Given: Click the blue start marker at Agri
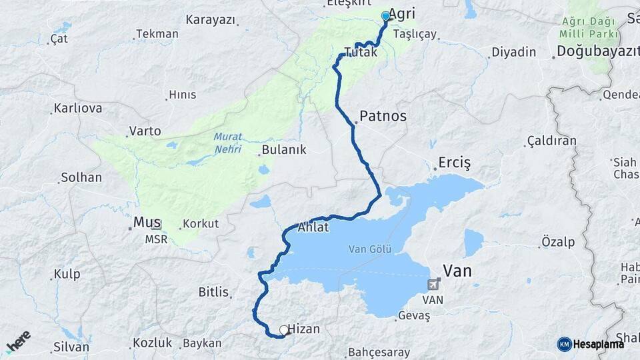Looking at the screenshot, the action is [x=385, y=16].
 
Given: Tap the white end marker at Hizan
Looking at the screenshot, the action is [x=284, y=329].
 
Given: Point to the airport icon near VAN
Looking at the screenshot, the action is [x=434, y=285].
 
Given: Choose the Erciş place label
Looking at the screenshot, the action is [x=455, y=162].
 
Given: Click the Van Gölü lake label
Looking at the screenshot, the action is [x=369, y=249].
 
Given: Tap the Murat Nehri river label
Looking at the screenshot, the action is [x=229, y=143].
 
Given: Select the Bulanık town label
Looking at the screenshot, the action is [x=284, y=150].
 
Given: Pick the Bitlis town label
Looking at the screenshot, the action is [x=213, y=292].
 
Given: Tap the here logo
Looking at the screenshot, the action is [x=18, y=342].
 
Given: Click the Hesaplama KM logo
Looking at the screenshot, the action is [x=591, y=343].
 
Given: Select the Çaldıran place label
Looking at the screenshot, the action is [x=551, y=141].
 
